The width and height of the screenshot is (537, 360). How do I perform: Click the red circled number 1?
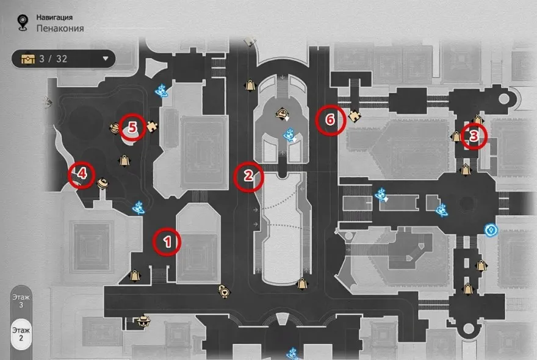coord(167,242)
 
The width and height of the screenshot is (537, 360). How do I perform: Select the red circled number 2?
coord(248,177)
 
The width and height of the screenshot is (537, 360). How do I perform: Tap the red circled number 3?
coord(474,136)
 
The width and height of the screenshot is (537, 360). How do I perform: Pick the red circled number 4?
coord(82,175)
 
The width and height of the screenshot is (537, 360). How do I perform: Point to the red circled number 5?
coord(132,128)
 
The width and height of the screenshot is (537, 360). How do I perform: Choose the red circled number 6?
coord(330,120)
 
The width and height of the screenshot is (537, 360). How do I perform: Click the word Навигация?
coord(54,17)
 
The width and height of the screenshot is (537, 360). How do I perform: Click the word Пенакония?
coord(60,28)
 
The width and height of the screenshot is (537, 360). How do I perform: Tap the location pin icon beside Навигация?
coord(23,23)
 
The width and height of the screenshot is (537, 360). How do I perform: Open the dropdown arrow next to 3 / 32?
coord(106,59)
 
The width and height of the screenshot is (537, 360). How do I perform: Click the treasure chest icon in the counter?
coord(27,59)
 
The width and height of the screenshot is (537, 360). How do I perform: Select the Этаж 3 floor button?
coord(21,301)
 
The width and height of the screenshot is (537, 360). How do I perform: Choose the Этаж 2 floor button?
coord(21,334)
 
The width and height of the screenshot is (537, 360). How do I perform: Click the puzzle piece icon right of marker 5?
coord(152,126)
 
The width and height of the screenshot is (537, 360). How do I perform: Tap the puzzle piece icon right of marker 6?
coord(355,116)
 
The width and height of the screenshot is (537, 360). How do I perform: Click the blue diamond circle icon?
coord(491,230)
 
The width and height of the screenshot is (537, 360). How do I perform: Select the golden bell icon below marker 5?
coord(124,160)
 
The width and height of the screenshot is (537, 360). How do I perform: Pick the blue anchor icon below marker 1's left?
coord(139,207)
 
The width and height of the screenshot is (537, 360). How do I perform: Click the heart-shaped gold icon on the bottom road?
coord(224,292)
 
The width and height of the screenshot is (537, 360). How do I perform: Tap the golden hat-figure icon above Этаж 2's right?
coord(143,322)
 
